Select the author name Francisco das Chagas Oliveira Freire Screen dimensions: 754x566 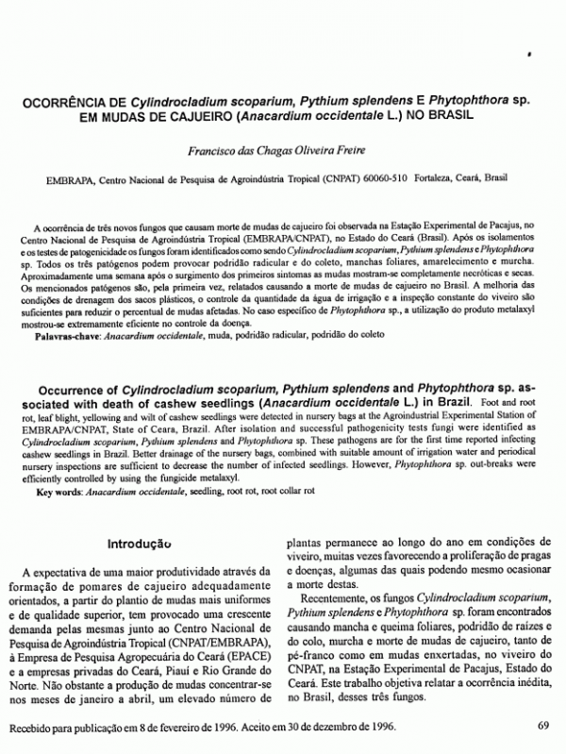tap(282, 149)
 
